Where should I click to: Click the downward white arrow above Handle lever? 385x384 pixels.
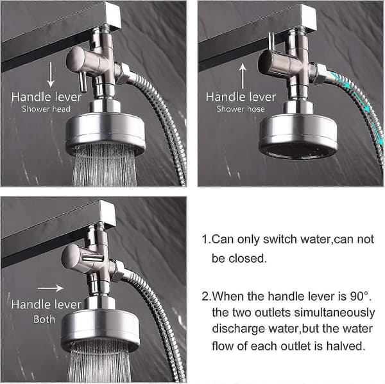coord(51,74)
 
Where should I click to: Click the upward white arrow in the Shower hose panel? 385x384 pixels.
coord(243,76)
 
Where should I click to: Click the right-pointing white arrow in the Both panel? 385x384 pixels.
coord(51,288)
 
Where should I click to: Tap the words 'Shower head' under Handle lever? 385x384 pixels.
coord(46,109)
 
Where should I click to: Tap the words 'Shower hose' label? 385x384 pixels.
coord(241,109)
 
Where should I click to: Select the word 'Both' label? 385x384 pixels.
coord(44,319)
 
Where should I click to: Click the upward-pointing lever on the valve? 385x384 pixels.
coord(271,42)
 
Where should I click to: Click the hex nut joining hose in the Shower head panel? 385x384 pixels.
coord(123,73)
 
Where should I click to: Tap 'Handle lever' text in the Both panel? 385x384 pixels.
coord(46,304)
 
